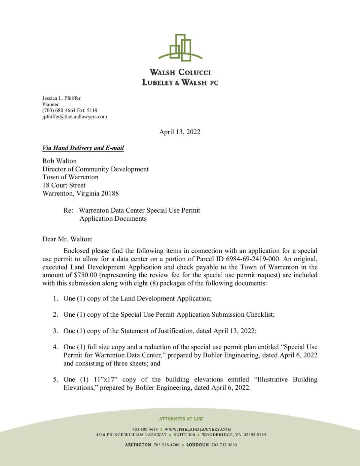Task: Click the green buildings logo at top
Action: pos(180,48)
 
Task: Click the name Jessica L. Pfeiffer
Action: pos(61,98)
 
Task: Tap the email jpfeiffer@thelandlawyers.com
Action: pos(74,117)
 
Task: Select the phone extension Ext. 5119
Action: pos(87,110)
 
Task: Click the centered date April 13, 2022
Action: pos(180,132)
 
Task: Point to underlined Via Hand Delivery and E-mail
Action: pos(83,148)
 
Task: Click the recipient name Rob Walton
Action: pos(59,161)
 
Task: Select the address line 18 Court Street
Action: pos(64,185)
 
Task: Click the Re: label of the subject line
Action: pos(68,211)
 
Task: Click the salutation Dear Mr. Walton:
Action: pos(67,239)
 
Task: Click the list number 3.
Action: pos(55,331)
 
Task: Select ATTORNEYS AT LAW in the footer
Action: pos(181,419)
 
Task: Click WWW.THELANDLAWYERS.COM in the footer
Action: pos(198,429)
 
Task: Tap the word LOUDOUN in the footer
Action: pos(197,445)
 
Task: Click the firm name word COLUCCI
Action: pos(194,72)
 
